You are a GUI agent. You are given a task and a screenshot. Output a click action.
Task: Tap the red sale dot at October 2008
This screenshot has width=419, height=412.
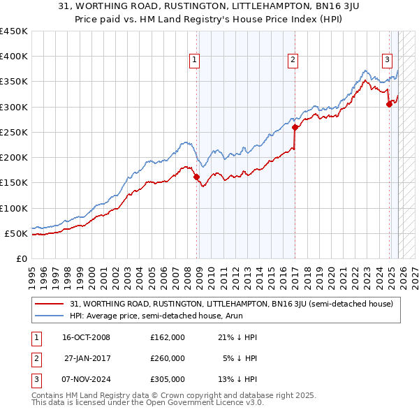(197, 177)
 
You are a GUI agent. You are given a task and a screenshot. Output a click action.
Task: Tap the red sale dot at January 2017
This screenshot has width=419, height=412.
(295, 128)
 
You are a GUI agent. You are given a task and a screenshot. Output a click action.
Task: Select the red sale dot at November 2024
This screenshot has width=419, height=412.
(389, 105)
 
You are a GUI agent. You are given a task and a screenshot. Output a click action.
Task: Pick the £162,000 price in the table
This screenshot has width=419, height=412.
(167, 337)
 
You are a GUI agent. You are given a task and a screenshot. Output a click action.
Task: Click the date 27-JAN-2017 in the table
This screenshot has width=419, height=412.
(87, 358)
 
